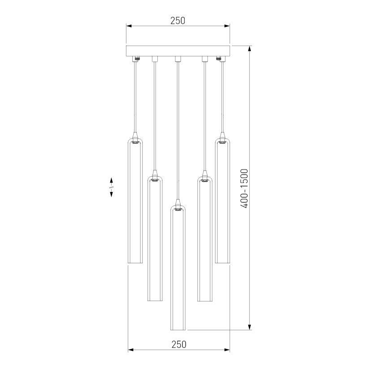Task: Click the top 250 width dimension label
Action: point(178,21)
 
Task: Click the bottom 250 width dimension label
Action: point(178,344)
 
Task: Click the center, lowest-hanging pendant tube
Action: point(178,269)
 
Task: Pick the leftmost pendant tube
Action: point(135,202)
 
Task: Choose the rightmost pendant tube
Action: point(222,202)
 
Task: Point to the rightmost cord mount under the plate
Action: point(221,58)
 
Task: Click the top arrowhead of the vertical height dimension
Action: point(249,48)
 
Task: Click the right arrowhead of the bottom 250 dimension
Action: point(227,350)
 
